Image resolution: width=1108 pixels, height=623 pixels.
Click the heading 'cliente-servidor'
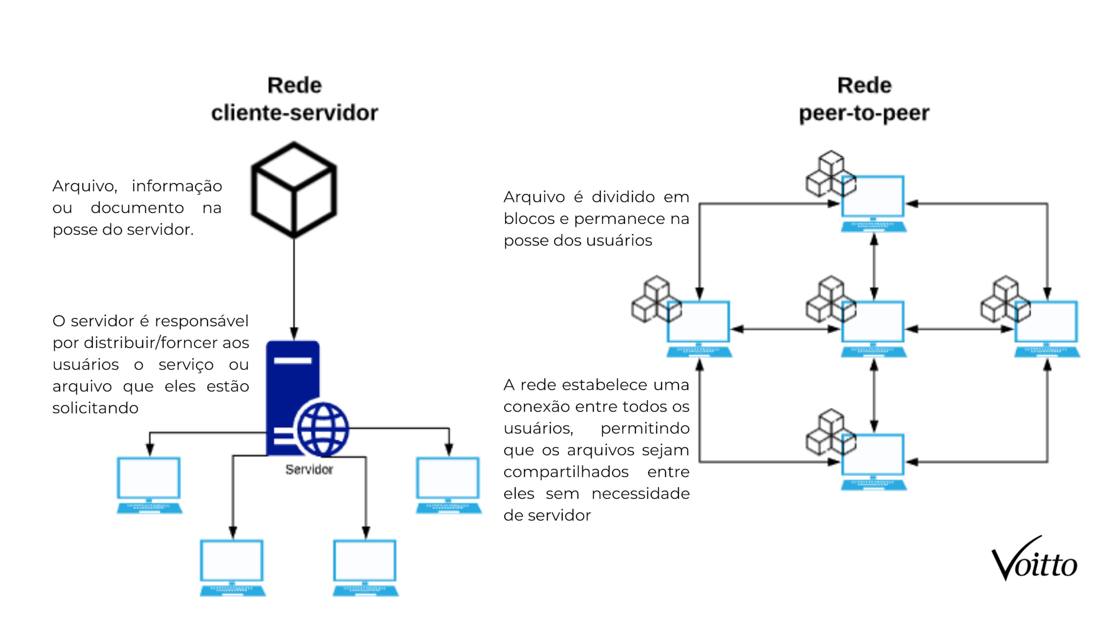(x=294, y=113)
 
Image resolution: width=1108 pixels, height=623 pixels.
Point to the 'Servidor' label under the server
(x=309, y=470)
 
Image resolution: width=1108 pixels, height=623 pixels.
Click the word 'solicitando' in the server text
(x=96, y=408)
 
